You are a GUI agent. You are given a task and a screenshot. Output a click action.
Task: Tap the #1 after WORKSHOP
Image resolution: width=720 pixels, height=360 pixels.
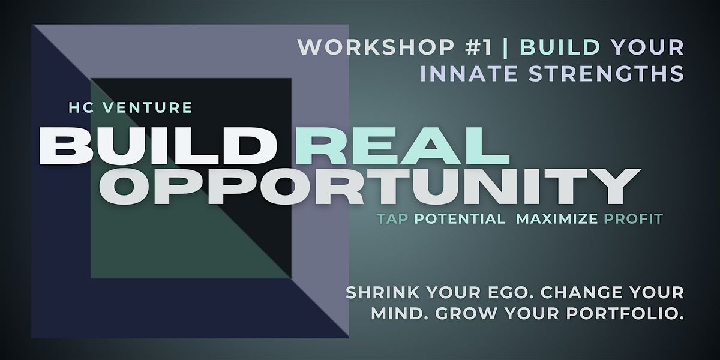[479, 47]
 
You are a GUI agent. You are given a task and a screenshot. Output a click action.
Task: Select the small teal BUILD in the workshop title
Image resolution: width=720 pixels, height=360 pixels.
[560, 47]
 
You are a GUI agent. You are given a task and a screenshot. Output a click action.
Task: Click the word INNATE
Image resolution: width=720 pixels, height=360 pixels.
[469, 73]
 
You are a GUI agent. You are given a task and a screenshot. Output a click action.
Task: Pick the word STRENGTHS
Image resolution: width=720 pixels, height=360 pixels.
[607, 73]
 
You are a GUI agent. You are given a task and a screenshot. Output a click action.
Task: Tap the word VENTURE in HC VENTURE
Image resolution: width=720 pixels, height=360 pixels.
[147, 107]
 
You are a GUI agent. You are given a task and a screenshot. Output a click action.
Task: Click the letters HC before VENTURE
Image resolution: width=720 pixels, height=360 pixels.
[82, 107]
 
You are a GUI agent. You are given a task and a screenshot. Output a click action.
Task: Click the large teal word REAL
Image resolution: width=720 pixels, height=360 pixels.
[403, 146]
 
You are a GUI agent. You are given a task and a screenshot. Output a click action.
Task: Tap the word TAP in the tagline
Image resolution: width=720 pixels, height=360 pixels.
[393, 219]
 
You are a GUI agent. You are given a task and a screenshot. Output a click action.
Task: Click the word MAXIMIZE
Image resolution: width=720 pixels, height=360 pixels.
[557, 219]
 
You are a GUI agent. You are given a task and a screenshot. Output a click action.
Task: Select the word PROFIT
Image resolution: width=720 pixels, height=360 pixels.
[634, 219]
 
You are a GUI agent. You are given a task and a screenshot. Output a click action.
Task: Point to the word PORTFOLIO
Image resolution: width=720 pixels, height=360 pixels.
[625, 314]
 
